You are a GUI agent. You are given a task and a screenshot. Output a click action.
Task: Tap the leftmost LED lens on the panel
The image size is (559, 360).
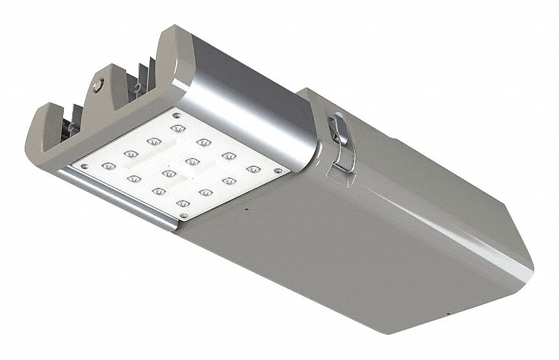(109, 166)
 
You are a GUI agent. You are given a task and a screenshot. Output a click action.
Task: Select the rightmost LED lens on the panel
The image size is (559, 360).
(253, 169)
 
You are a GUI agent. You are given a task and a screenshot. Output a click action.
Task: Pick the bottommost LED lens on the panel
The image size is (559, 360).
(184, 204)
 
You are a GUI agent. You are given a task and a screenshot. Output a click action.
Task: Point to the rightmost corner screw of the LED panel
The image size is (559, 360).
(278, 171)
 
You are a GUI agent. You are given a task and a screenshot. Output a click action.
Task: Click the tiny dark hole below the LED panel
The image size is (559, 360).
(246, 210)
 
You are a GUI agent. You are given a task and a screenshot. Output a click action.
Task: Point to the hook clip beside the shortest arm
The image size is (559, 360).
(70, 126)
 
